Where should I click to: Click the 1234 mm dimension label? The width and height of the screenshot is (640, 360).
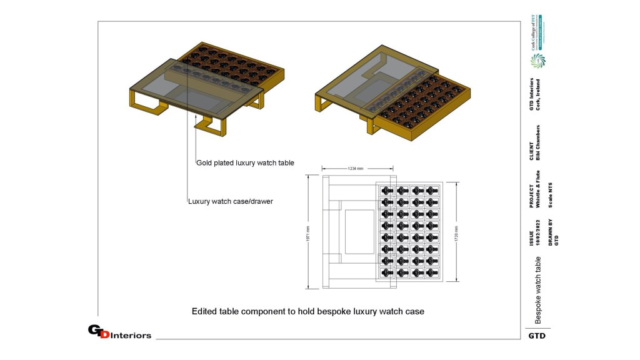coord(357,167)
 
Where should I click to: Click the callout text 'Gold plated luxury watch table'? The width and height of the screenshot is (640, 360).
coord(245,162)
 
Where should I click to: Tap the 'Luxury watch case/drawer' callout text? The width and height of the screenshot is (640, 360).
coord(230,201)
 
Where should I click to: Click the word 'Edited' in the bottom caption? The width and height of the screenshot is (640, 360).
coord(204,311)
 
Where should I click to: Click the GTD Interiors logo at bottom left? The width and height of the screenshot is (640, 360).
coord(119,332)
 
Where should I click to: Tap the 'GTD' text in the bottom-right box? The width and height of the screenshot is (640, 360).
coord(537,336)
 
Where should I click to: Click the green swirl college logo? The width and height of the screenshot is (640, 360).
coord(537,61)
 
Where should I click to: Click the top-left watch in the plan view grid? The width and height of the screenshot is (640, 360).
coord(386,190)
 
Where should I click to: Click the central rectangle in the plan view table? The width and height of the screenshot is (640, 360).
coord(359,231)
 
